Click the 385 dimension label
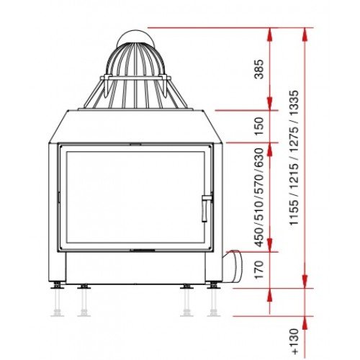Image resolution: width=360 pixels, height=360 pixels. coord(259,69)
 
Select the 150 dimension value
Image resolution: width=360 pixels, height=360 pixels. coord(259,126)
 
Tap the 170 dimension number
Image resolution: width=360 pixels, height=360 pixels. coord(259,270)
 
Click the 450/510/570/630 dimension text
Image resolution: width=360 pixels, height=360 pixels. coord(259,197)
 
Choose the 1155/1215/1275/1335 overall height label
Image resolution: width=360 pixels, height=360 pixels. coord(294,158)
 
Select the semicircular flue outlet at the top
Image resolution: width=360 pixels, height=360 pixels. coord(135,37)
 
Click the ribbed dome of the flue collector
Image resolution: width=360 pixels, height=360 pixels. coord(135,60)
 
